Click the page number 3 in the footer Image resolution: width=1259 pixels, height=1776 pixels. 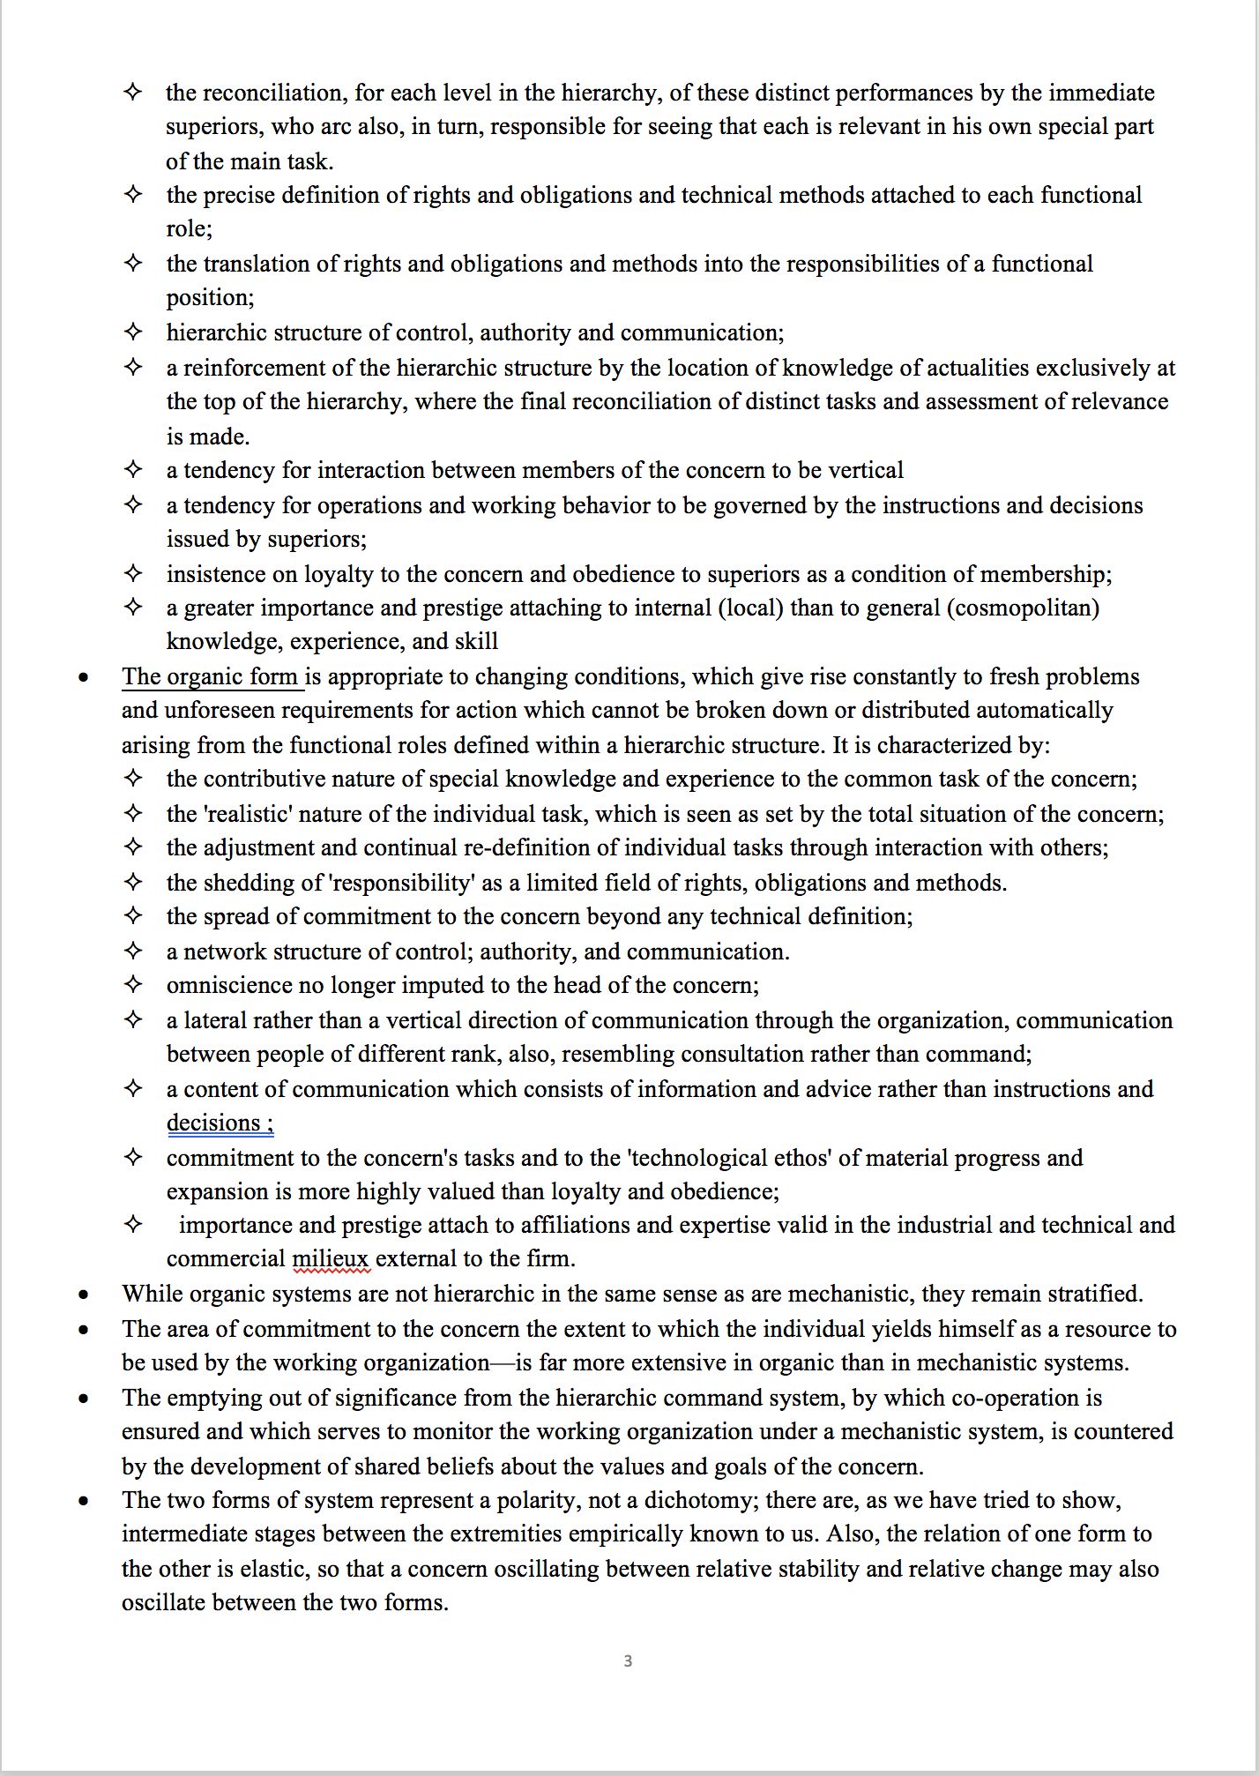pos(628,1661)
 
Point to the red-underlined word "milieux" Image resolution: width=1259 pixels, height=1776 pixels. pos(331,1258)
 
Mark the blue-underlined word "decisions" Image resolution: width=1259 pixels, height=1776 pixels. pos(214,1123)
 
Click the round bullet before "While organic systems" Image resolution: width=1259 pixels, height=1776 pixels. pos(84,1295)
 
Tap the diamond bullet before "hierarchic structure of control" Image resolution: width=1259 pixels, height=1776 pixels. pos(133,332)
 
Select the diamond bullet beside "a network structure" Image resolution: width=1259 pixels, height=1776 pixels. pos(133,951)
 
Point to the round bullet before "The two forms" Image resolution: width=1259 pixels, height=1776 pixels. pos(84,1501)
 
